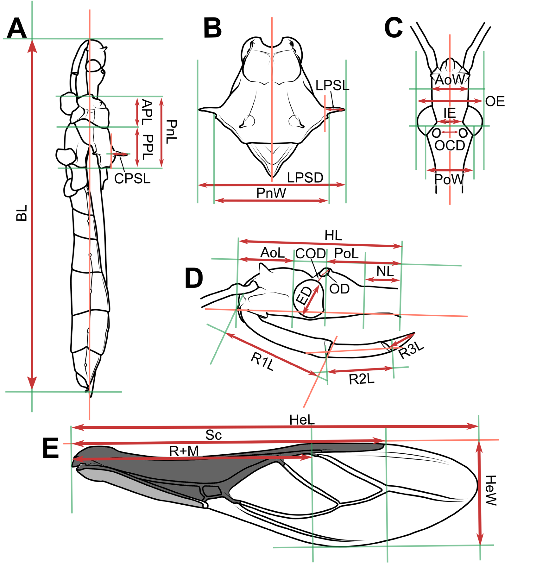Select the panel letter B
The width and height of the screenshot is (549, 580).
pyautogui.click(x=212, y=28)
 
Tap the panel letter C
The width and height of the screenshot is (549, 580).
pyautogui.click(x=393, y=28)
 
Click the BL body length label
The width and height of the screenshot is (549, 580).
pyautogui.click(x=22, y=213)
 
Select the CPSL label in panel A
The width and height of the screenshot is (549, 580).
pyautogui.click(x=132, y=179)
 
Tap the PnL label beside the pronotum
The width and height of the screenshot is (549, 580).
pyautogui.click(x=171, y=132)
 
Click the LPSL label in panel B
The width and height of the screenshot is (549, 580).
pyautogui.click(x=332, y=85)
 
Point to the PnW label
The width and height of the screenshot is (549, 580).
pyautogui.click(x=271, y=193)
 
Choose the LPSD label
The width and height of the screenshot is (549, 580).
pyautogui.click(x=305, y=178)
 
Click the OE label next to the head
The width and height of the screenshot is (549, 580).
pyautogui.click(x=495, y=101)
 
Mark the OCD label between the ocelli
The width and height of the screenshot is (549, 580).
pyautogui.click(x=450, y=146)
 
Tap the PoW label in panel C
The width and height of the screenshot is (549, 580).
pyautogui.click(x=449, y=180)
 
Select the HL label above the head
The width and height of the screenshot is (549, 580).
pyautogui.click(x=333, y=236)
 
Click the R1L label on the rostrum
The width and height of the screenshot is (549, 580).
pyautogui.click(x=262, y=361)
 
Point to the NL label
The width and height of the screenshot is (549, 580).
pyautogui.click(x=385, y=271)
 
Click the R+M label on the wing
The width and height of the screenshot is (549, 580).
pyautogui.click(x=184, y=451)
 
